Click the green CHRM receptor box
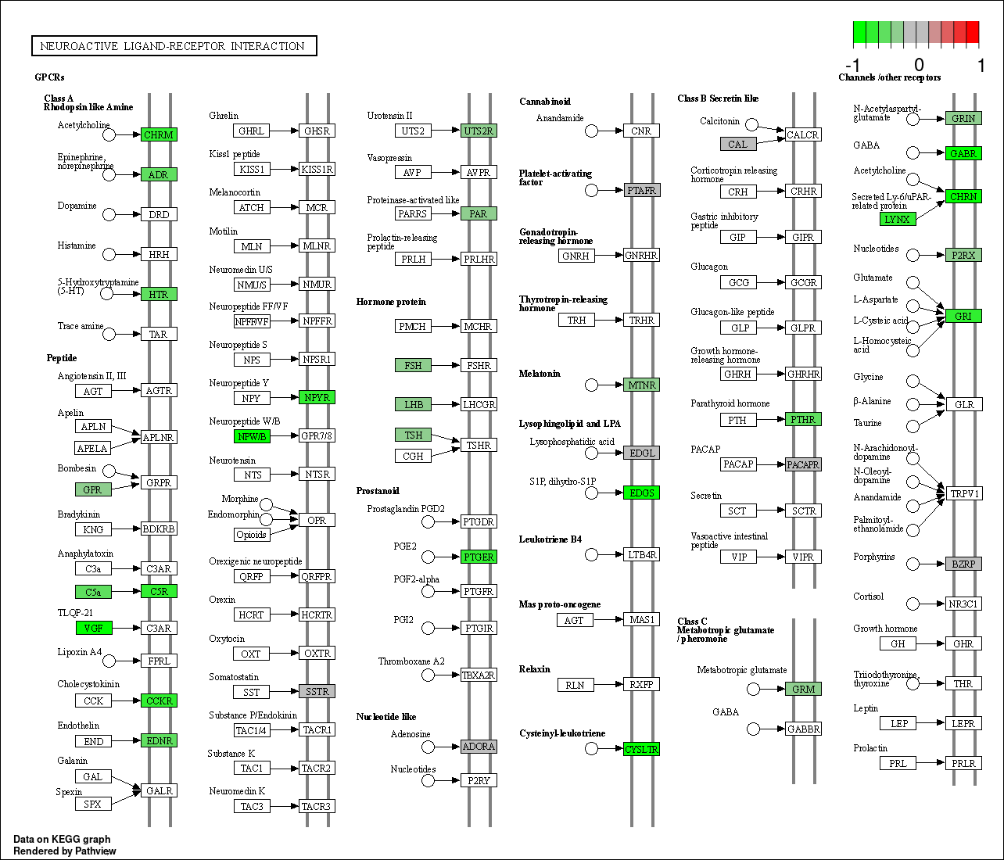click(159, 134)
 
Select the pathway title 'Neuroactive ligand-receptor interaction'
click(173, 46)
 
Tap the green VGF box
click(94, 628)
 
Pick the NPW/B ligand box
click(252, 436)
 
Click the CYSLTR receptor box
click(642, 749)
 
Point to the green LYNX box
click(898, 219)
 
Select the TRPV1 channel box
click(964, 493)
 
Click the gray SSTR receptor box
click(317, 691)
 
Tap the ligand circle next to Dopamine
click(109, 214)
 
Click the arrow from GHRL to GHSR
click(284, 131)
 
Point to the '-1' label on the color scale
click(853, 65)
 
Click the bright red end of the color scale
click(973, 32)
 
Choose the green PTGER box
click(479, 557)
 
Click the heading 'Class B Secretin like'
click(718, 99)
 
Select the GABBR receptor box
click(803, 729)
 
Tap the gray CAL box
click(738, 144)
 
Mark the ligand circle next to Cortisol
click(913, 604)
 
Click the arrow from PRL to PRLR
click(930, 763)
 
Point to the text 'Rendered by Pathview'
click(65, 851)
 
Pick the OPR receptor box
click(317, 520)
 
